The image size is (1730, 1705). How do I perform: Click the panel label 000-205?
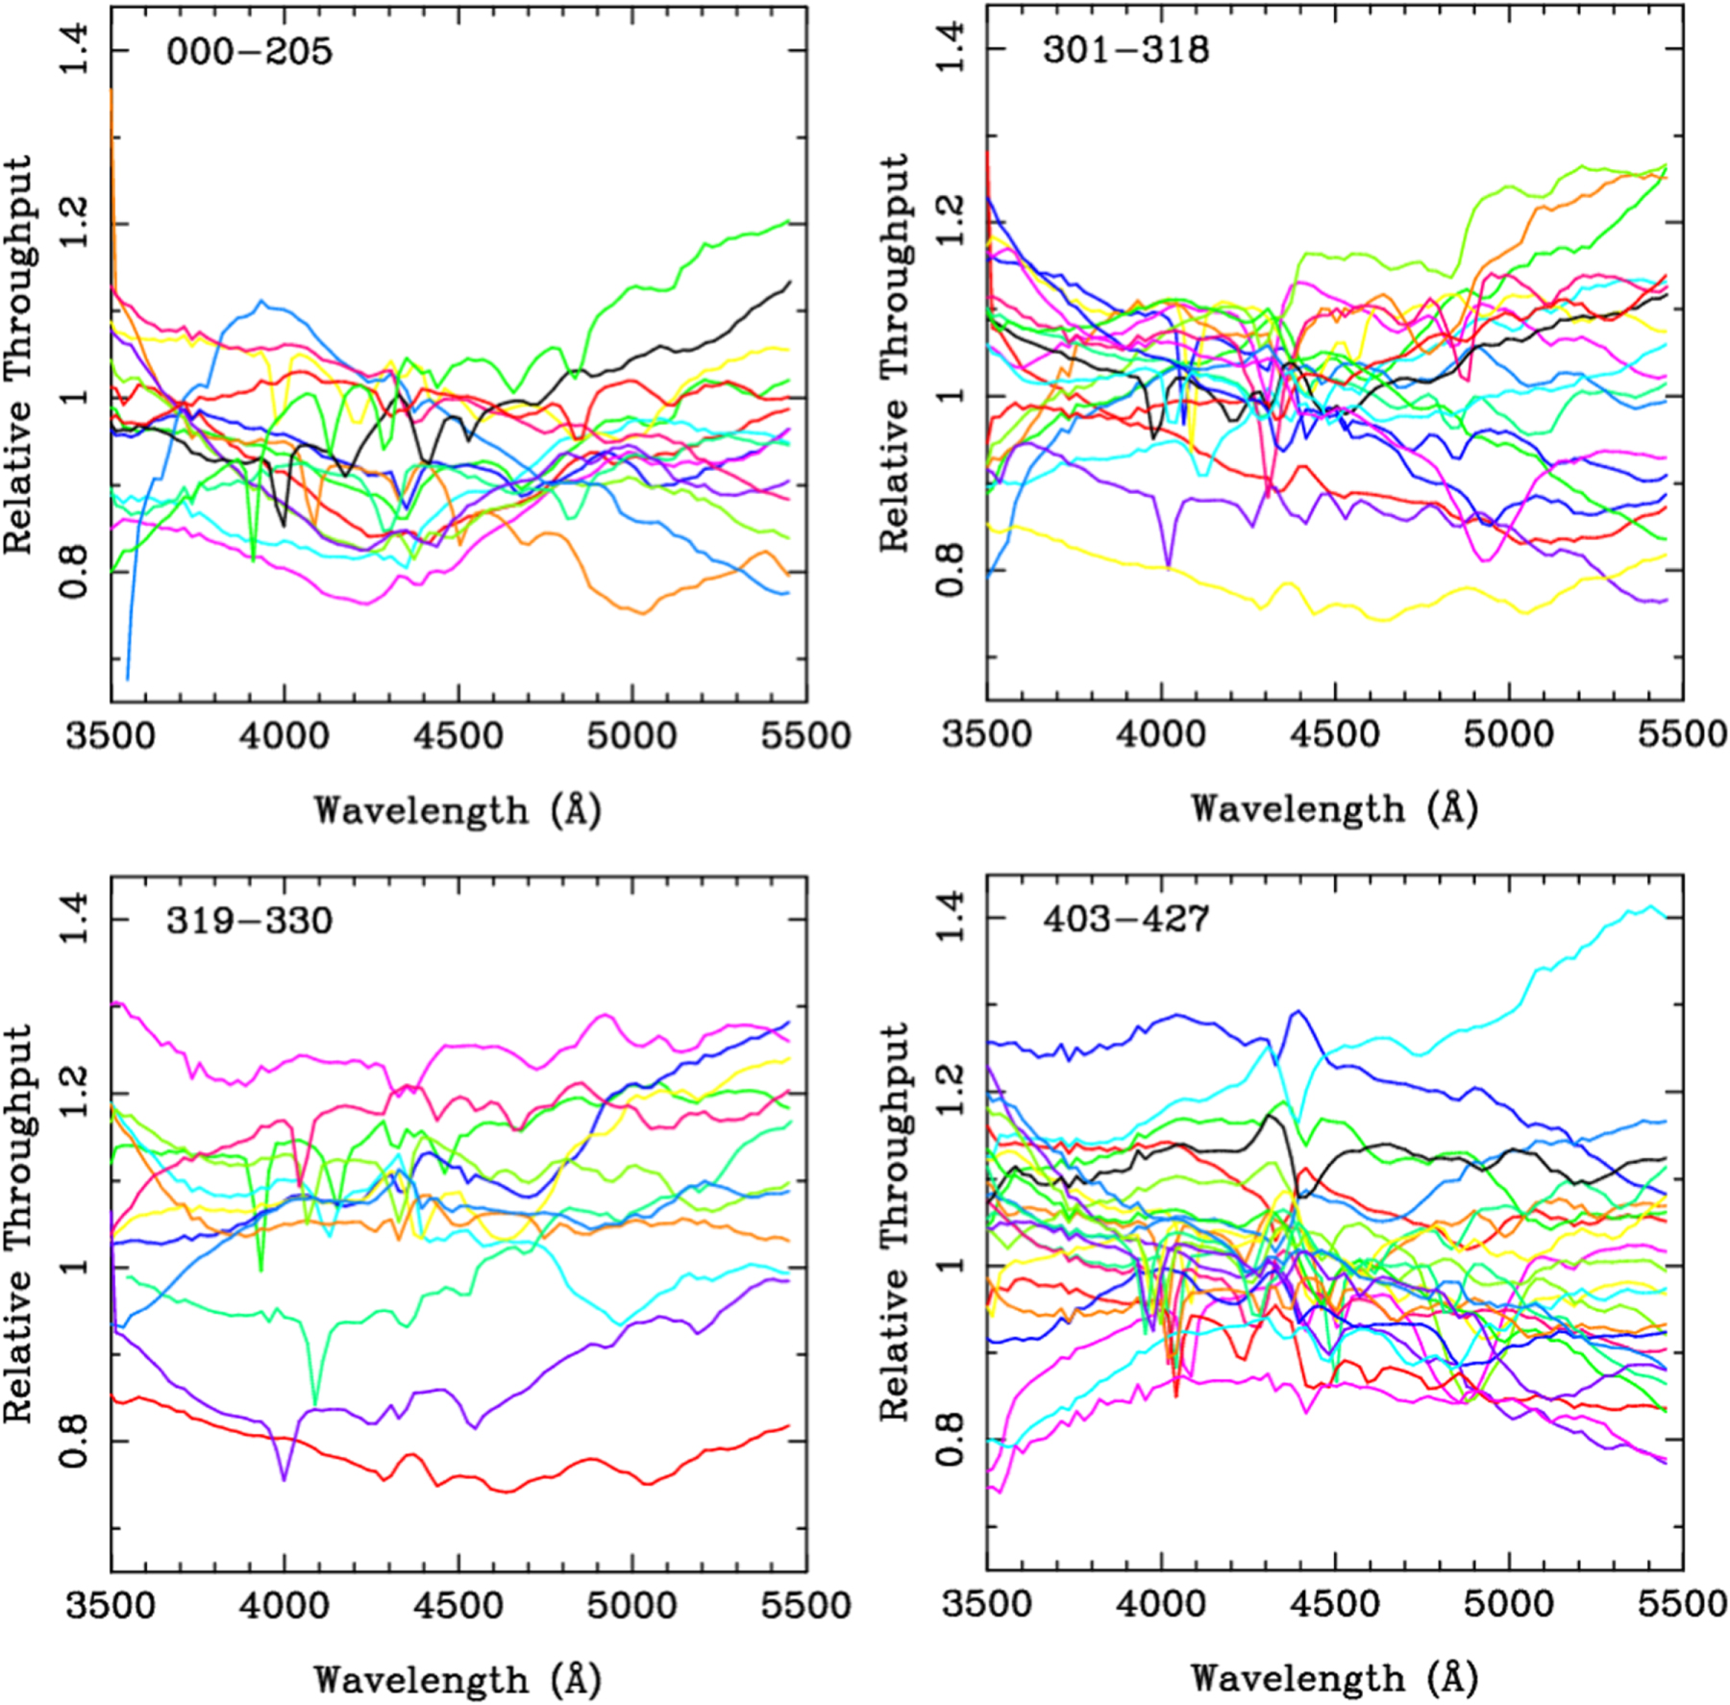pos(249,51)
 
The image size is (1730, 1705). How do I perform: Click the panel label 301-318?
pos(1125,49)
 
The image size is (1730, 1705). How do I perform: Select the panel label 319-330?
pos(249,920)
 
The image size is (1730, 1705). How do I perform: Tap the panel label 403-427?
pos(1125,919)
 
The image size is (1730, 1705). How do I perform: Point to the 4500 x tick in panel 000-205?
pos(458,736)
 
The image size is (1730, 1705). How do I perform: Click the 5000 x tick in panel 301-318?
pos(1508,734)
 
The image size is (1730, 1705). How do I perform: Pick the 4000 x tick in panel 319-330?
pos(284,1605)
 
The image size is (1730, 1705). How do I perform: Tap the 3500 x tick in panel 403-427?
pos(987,1603)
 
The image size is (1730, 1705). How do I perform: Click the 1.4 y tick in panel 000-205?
pos(74,50)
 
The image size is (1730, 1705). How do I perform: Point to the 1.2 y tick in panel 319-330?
pos(74,1093)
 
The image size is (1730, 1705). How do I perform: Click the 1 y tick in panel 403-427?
pos(951,1266)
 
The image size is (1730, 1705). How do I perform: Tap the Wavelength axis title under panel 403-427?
pos(1334,1678)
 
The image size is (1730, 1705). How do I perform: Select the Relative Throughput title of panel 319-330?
pos(19,1224)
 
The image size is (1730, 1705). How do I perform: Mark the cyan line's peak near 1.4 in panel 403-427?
pos(1651,906)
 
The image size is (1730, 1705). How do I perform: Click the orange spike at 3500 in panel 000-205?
pos(112,91)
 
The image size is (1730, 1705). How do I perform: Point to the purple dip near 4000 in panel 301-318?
pos(1168,565)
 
